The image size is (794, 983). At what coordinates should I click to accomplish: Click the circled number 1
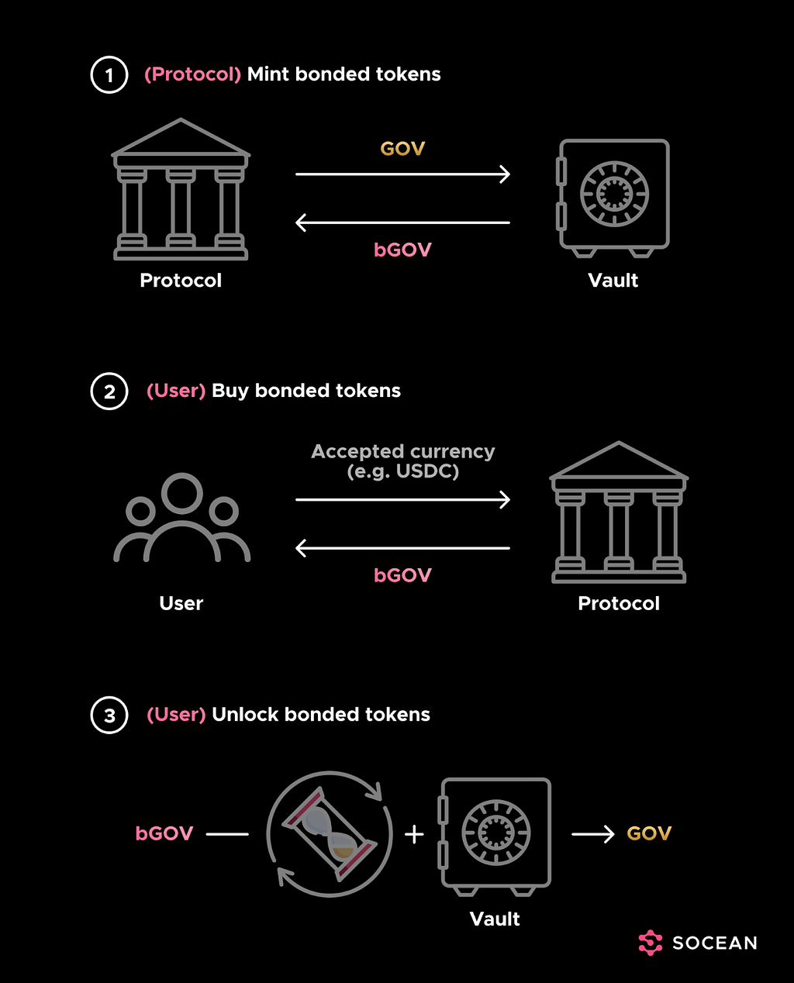pos(109,74)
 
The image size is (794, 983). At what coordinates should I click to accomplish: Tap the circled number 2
pos(109,391)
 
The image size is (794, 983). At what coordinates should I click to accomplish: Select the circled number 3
pos(109,716)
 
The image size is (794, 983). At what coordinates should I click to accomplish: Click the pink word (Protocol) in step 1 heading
pos(192,74)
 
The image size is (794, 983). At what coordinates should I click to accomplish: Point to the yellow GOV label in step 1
pos(402,149)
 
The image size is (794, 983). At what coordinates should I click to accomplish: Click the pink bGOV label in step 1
pos(402,250)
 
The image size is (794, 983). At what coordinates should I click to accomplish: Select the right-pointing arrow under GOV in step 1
pos(402,174)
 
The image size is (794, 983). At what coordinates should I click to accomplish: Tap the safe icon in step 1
pos(613,198)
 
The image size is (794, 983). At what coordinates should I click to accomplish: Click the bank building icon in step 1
pos(181,189)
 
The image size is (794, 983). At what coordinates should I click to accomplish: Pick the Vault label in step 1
pos(613,281)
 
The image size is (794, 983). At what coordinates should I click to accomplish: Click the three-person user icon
pos(182,517)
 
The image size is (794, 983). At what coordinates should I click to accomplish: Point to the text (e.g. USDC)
pos(403,471)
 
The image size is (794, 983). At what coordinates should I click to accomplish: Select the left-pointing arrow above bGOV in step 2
pos(402,548)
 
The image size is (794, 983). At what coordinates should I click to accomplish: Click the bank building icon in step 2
pos(619,512)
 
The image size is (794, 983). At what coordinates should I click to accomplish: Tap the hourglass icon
pos(330,834)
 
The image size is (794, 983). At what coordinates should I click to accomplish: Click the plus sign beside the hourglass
pos(414,834)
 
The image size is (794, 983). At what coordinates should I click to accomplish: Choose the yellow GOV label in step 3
pos(649,833)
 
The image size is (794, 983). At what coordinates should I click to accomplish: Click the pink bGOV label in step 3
pos(164,833)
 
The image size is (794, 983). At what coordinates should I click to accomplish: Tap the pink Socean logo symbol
pos(651,943)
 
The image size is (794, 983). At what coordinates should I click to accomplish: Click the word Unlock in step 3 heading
pos(246,715)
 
